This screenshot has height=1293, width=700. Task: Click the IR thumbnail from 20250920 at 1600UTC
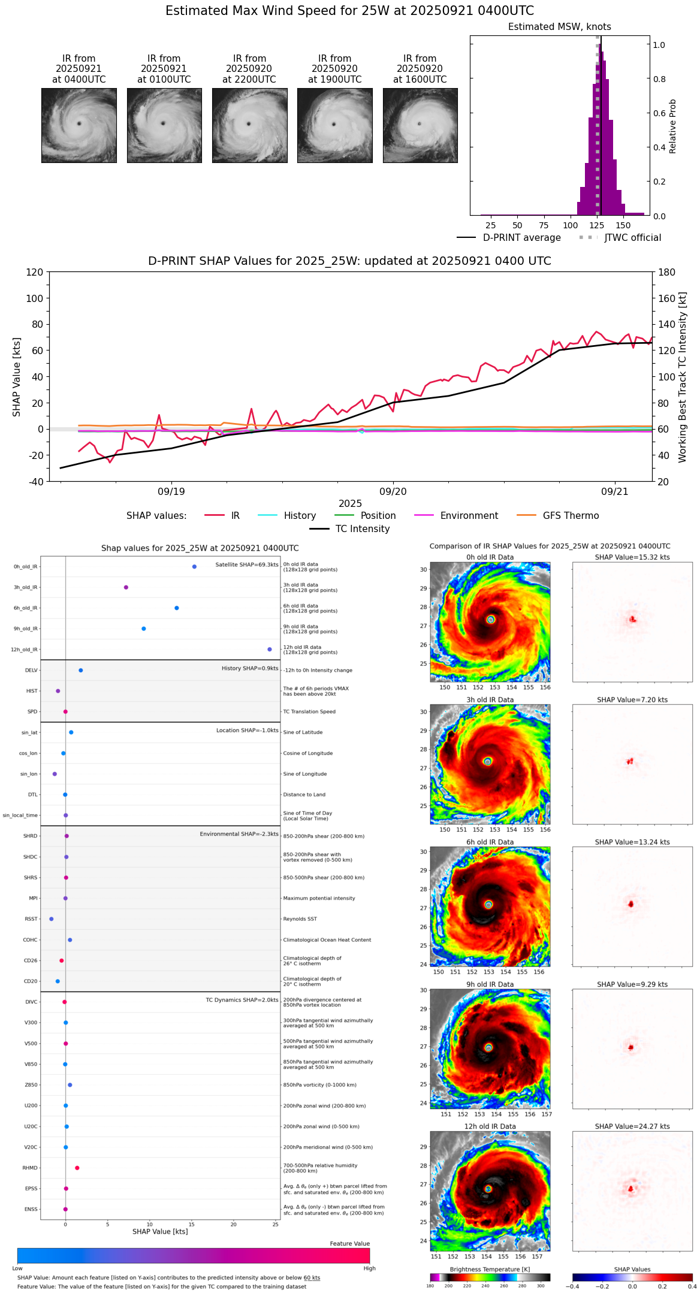[x=420, y=125]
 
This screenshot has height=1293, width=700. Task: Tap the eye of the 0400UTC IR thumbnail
[x=79, y=123]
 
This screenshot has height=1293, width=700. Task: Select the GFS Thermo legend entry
[x=571, y=516]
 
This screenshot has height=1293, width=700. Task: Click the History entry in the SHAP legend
[x=300, y=516]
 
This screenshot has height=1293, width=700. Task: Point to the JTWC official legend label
[x=632, y=238]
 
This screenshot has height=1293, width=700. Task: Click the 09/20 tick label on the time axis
[x=393, y=492]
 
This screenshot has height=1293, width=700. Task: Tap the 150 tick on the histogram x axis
[x=623, y=226]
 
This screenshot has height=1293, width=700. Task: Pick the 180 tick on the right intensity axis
[x=667, y=273]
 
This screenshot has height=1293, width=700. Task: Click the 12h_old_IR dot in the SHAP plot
[x=270, y=649]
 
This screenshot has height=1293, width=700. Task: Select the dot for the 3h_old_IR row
[x=126, y=587]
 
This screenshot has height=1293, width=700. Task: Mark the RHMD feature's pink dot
[x=77, y=1168]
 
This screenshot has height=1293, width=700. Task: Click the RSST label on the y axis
[x=31, y=919]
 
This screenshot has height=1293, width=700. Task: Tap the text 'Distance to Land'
[x=304, y=795]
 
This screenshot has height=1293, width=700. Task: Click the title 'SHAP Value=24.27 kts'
[x=632, y=1126]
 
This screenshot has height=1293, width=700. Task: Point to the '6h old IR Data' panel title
[x=490, y=842]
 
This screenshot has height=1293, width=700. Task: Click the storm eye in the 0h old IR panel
[x=491, y=620]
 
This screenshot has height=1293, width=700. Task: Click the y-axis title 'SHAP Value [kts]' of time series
[x=17, y=377]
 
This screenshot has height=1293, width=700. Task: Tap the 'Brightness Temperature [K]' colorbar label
[x=490, y=1269]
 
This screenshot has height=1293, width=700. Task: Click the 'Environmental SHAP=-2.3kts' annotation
[x=239, y=834]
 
